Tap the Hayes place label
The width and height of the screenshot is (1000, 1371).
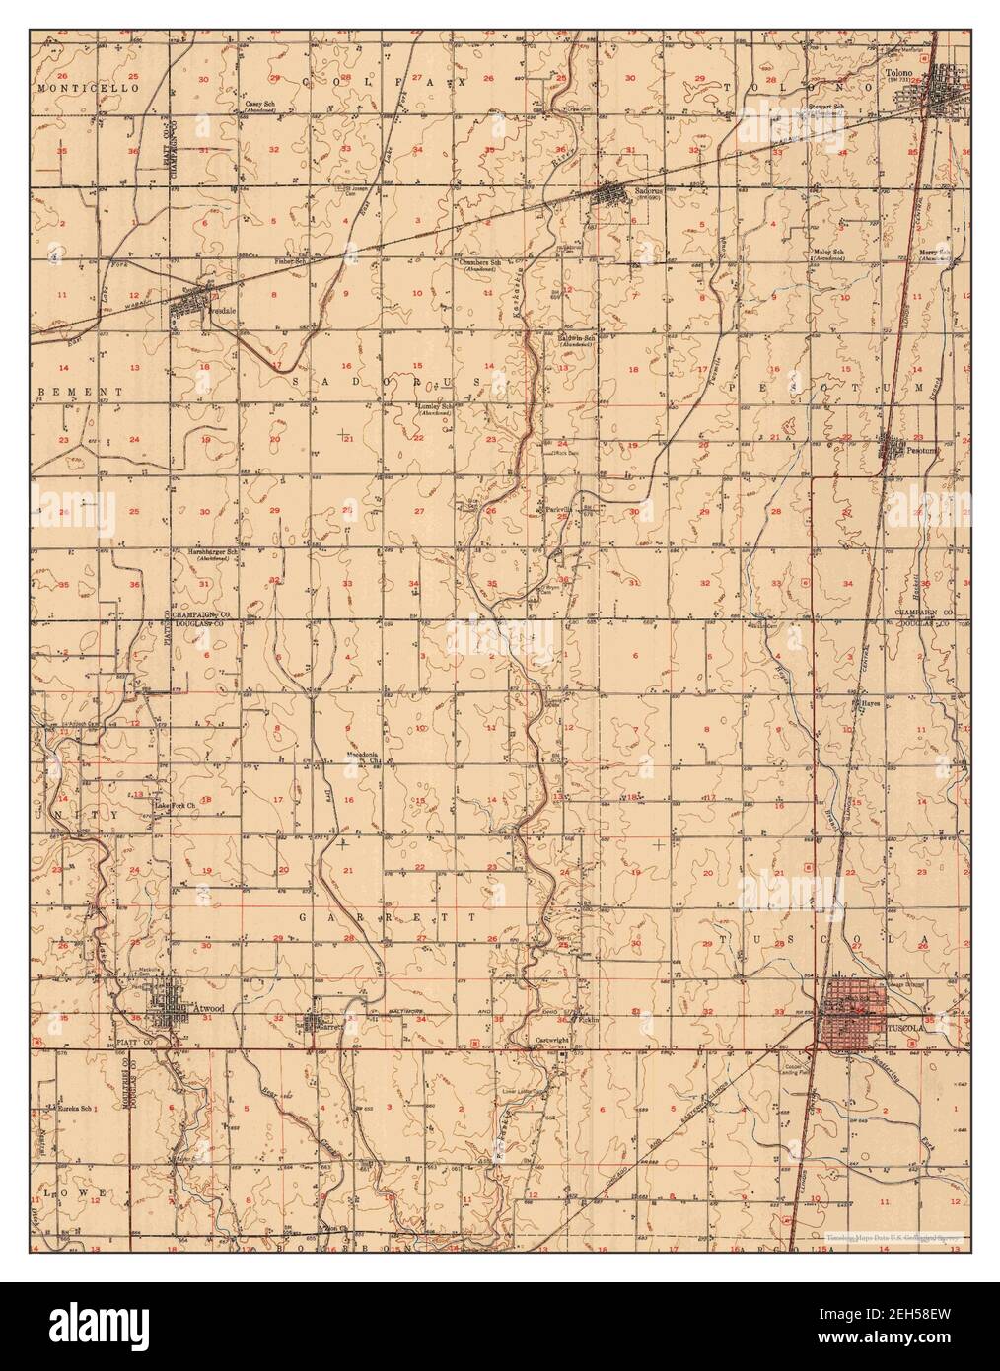click(870, 704)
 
